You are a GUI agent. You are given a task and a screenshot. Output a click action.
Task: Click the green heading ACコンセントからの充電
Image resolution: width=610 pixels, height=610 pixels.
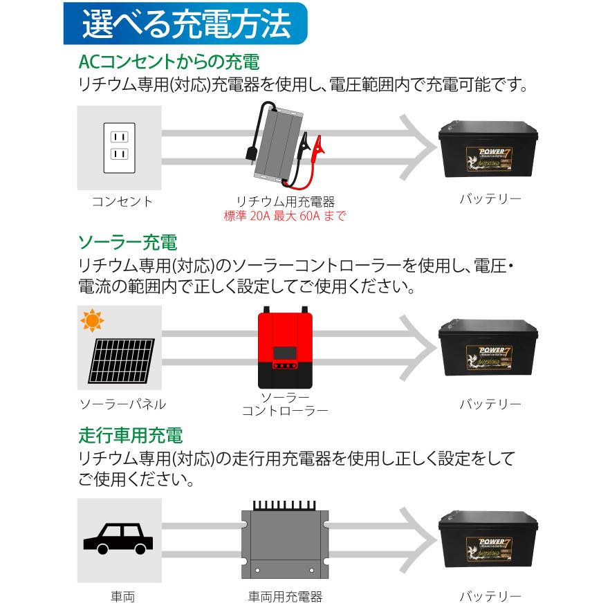click(x=169, y=62)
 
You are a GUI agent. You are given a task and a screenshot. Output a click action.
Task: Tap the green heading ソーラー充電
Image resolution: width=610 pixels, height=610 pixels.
click(x=128, y=243)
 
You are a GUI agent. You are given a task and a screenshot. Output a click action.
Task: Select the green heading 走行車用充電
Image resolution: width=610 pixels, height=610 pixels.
click(x=131, y=436)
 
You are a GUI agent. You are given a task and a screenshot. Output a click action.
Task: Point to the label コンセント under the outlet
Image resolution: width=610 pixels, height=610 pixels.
click(x=122, y=202)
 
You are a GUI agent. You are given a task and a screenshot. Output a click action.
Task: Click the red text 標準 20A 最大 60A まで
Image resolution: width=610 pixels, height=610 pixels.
click(x=285, y=216)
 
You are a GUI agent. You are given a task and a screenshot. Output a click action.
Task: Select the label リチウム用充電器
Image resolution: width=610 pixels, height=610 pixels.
click(x=285, y=202)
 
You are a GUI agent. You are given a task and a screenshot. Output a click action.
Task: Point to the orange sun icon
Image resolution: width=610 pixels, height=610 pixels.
click(x=91, y=322)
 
